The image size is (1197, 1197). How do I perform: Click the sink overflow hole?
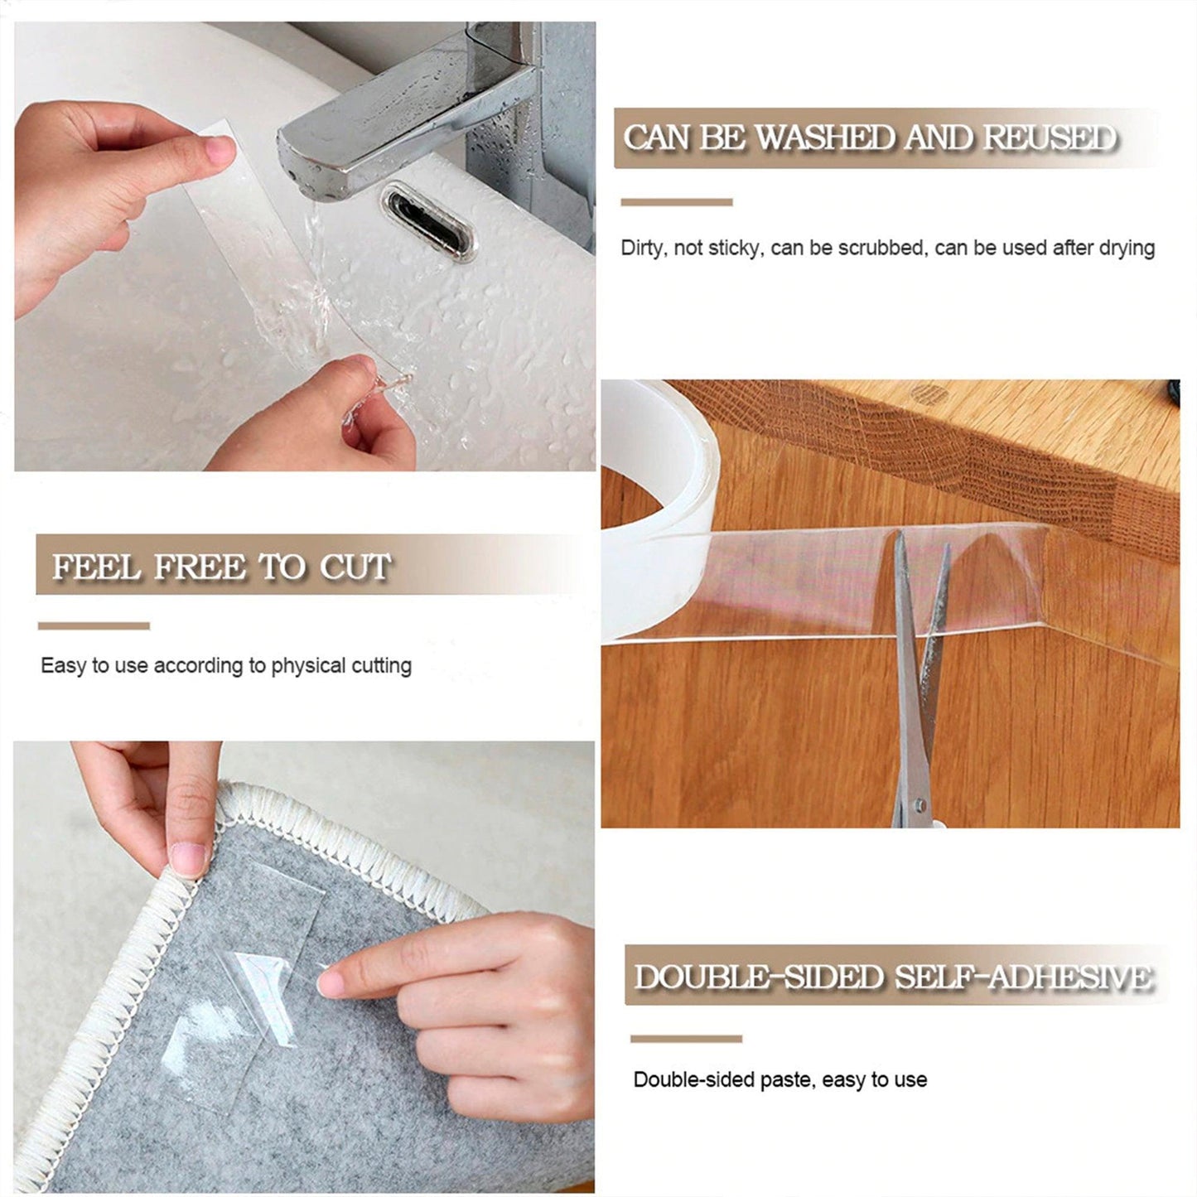429,222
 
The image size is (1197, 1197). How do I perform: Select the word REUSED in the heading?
1050,138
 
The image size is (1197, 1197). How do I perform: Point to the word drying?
1127,248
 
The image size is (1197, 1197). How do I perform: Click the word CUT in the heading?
355,567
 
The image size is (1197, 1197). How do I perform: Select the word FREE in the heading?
200,567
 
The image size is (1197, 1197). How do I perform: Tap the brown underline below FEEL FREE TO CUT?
94,625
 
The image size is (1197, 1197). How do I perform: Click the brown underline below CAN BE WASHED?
677,202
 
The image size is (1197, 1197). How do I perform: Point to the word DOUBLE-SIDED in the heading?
759,977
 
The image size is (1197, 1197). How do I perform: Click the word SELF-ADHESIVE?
1023,977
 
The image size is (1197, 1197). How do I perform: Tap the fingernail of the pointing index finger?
331,984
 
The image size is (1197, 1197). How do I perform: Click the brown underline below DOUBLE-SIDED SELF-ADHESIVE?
687,1039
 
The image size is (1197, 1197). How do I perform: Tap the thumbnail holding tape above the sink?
220,151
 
